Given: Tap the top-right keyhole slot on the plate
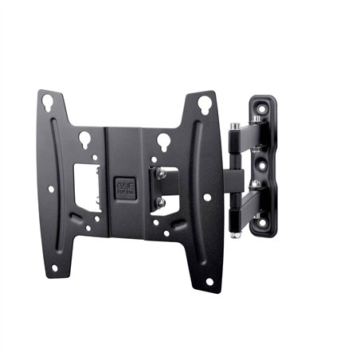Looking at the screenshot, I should (203, 104).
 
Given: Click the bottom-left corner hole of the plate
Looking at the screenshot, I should (55, 268).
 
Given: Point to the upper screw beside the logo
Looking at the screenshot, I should (161, 172).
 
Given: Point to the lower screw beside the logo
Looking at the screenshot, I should (161, 203).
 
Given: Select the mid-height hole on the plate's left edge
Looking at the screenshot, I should (52, 189).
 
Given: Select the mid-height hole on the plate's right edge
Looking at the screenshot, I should (207, 196).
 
